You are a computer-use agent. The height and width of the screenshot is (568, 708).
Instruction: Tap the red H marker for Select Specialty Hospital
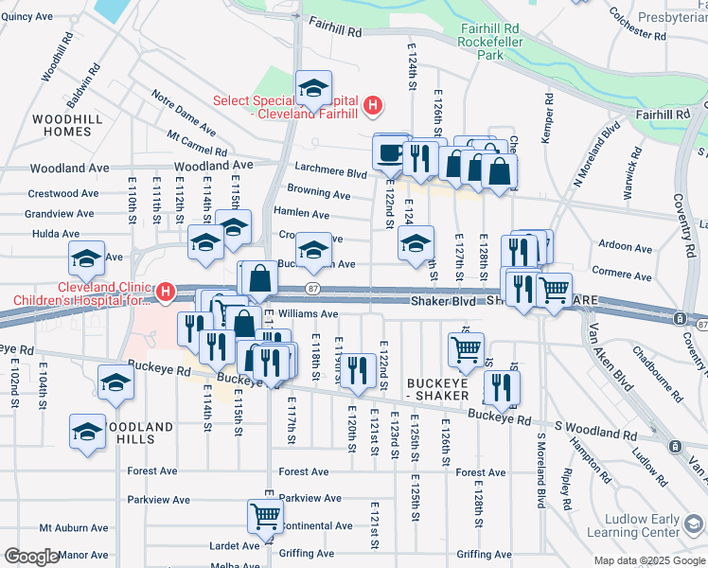(x=373, y=105)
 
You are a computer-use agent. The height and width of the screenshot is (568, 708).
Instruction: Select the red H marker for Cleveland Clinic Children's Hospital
(x=167, y=290)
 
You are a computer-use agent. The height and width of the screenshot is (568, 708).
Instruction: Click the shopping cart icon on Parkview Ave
(x=265, y=516)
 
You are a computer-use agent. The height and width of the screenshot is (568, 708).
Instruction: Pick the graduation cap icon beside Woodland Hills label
(x=87, y=431)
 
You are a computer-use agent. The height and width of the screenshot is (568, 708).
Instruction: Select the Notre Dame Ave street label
(x=184, y=110)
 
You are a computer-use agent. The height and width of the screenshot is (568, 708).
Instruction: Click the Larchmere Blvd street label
(x=329, y=174)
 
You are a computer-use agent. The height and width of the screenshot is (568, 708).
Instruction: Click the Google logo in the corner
(x=31, y=557)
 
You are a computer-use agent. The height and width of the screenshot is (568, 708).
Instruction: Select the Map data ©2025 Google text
(x=649, y=560)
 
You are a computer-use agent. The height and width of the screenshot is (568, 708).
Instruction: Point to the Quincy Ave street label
(x=27, y=16)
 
